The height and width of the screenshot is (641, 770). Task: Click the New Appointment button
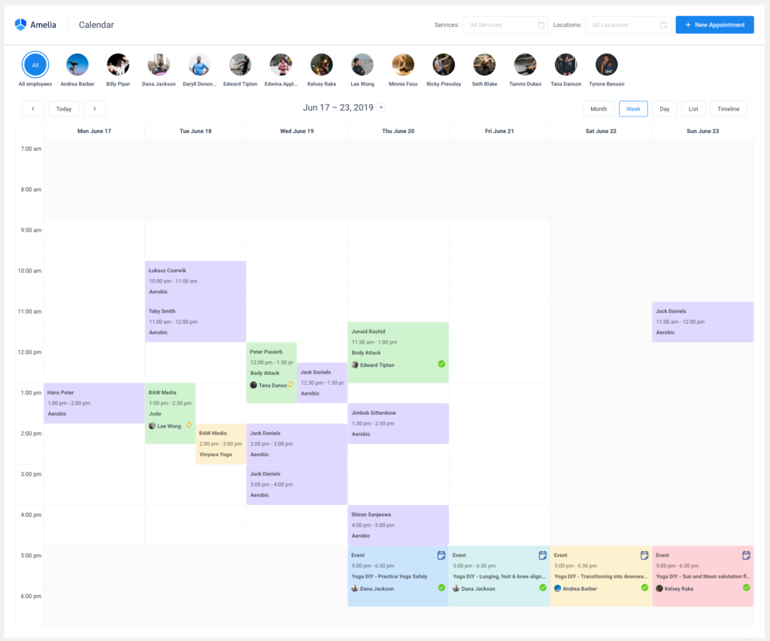[x=714, y=25]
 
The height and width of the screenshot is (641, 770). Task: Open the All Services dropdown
[x=505, y=25]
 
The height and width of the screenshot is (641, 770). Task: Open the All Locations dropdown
[x=627, y=25]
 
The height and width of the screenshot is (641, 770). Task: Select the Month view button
[x=599, y=109]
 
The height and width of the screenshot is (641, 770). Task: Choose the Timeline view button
[x=728, y=109]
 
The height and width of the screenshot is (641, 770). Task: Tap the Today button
[x=64, y=109]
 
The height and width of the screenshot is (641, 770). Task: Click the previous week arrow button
[x=33, y=109]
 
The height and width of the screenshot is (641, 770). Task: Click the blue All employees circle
[x=35, y=65]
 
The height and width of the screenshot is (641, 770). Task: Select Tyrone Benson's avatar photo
[x=606, y=65]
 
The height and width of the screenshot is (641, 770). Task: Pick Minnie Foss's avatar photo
[x=403, y=65]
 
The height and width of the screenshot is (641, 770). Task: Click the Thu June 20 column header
[x=398, y=132]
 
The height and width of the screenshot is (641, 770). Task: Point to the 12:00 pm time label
[x=29, y=352]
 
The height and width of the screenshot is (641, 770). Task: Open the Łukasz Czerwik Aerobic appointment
[x=195, y=280]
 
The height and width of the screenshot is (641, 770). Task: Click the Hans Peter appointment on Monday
[x=93, y=403]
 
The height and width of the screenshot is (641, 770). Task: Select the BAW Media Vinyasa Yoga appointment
[x=220, y=443]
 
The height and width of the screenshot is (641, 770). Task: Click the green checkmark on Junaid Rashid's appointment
[x=441, y=364]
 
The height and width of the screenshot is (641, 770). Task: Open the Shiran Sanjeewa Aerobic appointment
[x=398, y=525]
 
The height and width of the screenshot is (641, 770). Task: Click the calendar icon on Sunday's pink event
[x=746, y=555]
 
